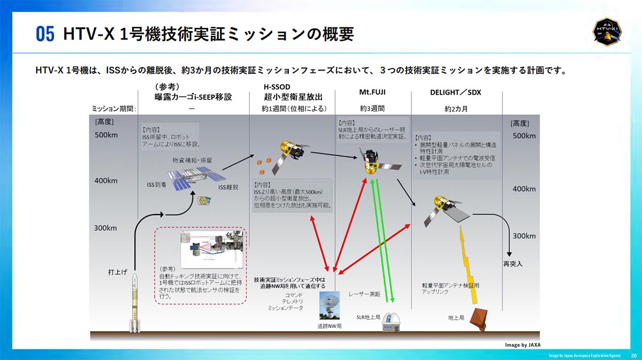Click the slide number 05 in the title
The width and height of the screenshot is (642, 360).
point(45,34)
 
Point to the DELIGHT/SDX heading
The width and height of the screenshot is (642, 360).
point(455,92)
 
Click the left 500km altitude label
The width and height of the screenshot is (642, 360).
point(106,135)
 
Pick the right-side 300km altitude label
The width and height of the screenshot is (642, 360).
point(525,235)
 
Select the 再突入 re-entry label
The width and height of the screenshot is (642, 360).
point(512,264)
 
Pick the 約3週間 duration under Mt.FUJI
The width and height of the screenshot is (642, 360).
point(372,108)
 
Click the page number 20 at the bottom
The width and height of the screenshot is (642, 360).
point(633,355)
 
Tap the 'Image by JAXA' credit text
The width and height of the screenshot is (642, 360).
point(526,345)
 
